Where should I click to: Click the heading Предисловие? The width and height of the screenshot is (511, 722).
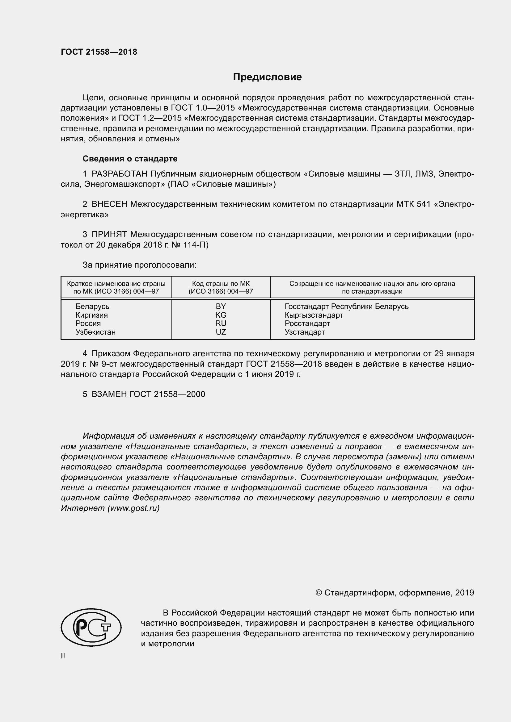[x=267, y=77]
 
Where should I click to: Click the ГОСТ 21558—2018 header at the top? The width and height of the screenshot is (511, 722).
[x=99, y=52]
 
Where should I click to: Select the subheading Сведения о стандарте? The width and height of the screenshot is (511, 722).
[x=130, y=159]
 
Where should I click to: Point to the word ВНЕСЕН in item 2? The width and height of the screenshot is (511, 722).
[x=109, y=204]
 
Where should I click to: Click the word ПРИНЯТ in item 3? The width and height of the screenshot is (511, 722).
[x=109, y=235]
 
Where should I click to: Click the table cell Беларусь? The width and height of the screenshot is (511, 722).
[x=92, y=307]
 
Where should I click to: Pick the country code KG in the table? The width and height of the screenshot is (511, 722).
[x=221, y=315]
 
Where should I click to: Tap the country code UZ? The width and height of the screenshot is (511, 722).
[x=221, y=332]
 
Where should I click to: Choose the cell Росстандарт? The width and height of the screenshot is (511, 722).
[x=307, y=323]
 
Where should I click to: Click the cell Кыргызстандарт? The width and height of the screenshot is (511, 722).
[x=314, y=315]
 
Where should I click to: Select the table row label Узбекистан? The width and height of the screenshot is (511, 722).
[x=95, y=332]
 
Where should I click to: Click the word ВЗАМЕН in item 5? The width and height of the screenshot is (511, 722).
[x=109, y=394]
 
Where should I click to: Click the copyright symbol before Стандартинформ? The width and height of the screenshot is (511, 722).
[x=319, y=593]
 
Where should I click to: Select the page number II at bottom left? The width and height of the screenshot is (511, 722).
[x=63, y=656]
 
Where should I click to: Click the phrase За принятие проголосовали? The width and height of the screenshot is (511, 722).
[x=139, y=265]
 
